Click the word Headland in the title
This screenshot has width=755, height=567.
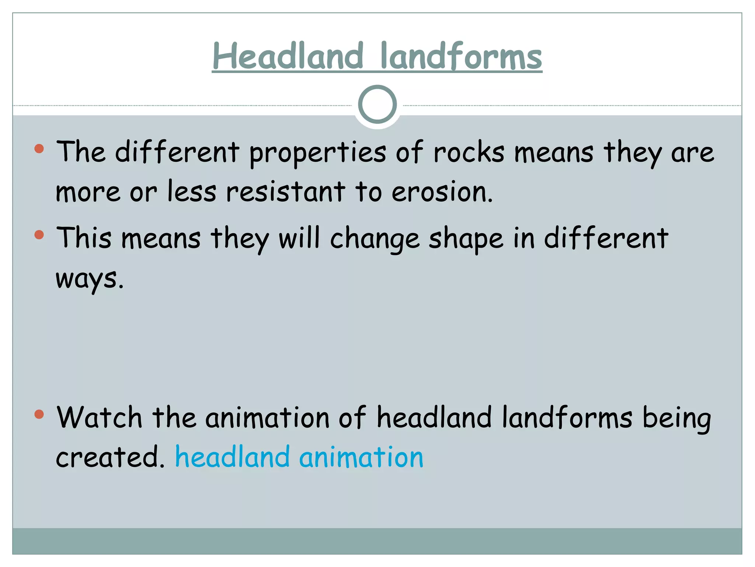click(x=288, y=56)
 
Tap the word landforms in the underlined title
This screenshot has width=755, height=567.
click(x=461, y=56)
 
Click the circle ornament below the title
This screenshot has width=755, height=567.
click(x=377, y=104)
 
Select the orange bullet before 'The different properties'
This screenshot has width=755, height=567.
click(x=39, y=149)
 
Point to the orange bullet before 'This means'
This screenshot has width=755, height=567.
click(x=39, y=235)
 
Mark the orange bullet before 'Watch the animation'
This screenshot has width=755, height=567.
click(x=39, y=414)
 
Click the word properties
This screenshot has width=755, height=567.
click(x=317, y=152)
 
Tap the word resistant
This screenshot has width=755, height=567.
click(x=285, y=192)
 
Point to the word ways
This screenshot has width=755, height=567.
click(x=89, y=279)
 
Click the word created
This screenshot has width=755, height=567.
click(x=109, y=457)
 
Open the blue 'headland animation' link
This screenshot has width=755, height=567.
click(x=299, y=457)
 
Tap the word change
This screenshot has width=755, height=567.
click(x=375, y=239)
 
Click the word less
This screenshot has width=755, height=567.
click(x=192, y=192)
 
